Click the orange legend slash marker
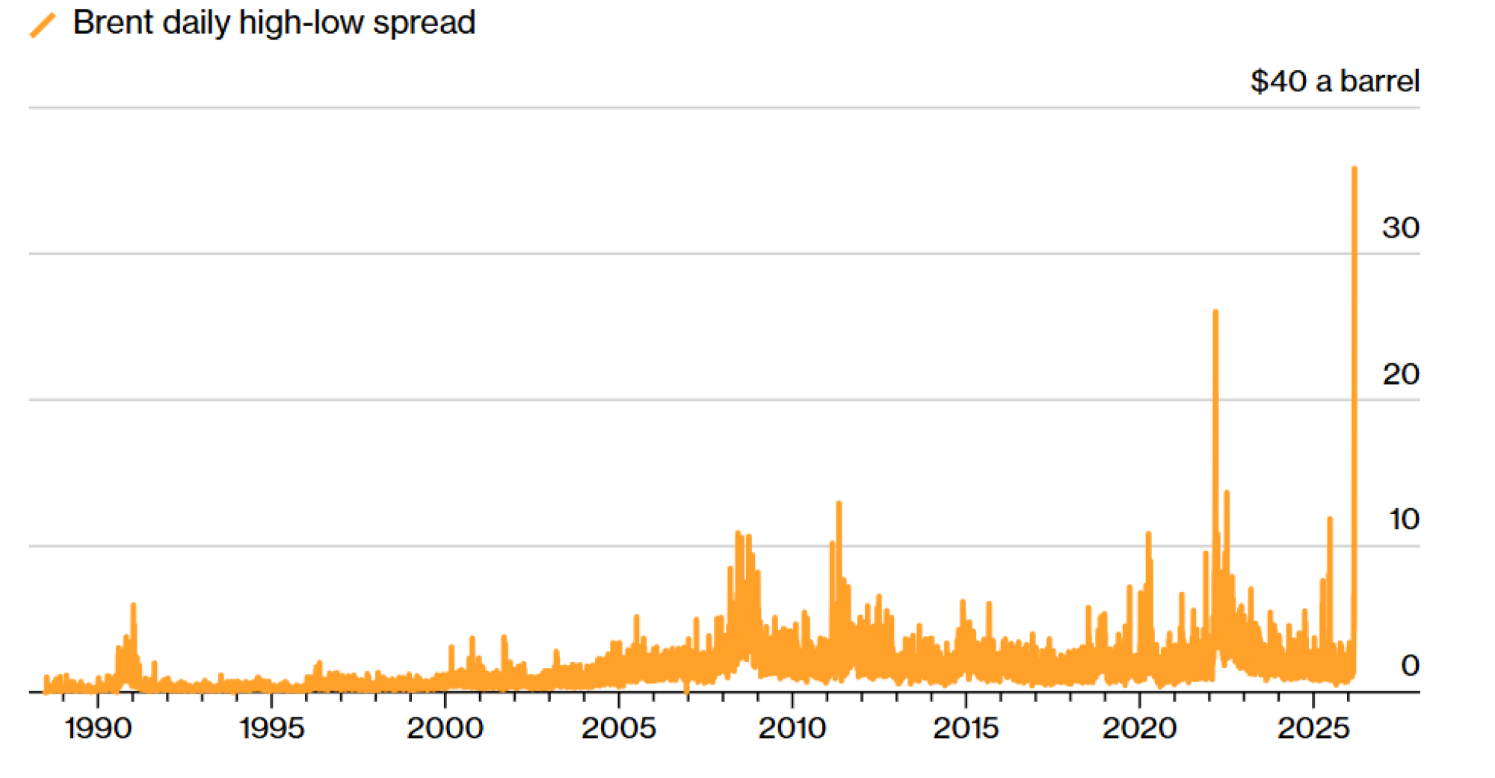pyautogui.click(x=43, y=24)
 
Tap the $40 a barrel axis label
pyautogui.click(x=1334, y=81)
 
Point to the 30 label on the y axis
pyautogui.click(x=1400, y=228)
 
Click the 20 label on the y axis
pyautogui.click(x=1400, y=374)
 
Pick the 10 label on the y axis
pyautogui.click(x=1403, y=519)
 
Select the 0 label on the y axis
pyautogui.click(x=1410, y=665)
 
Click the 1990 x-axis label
pyautogui.click(x=98, y=728)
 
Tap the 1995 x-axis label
pyautogui.click(x=271, y=728)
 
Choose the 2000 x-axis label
pyautogui.click(x=445, y=728)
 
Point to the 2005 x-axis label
pyautogui.click(x=618, y=728)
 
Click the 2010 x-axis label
pyautogui.click(x=792, y=728)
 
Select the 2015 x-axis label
pyautogui.click(x=965, y=728)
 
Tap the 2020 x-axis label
pyautogui.click(x=1139, y=728)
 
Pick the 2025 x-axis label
pyautogui.click(x=1313, y=728)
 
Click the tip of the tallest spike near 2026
pyautogui.click(x=1354, y=169)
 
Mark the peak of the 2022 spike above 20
pyautogui.click(x=1215, y=312)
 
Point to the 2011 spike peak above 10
pyautogui.click(x=839, y=503)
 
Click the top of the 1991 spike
pyautogui.click(x=133, y=605)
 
